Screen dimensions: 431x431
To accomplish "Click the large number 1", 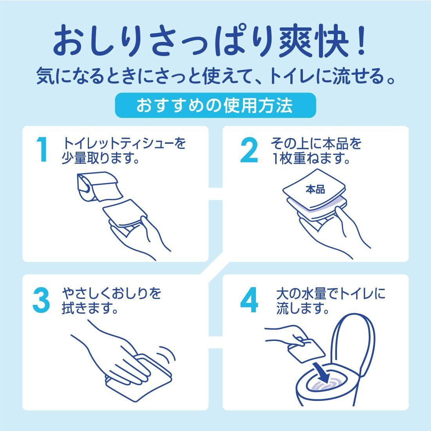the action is coord(42,150).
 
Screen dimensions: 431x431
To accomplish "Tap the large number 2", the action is coord(249,150).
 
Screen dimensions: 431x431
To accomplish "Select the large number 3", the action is coord(41,300).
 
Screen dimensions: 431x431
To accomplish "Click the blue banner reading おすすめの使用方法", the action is coord(215,105).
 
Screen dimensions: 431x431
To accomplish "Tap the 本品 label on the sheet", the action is coord(315,189).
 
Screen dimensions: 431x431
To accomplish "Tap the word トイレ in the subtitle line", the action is coord(291,75).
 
